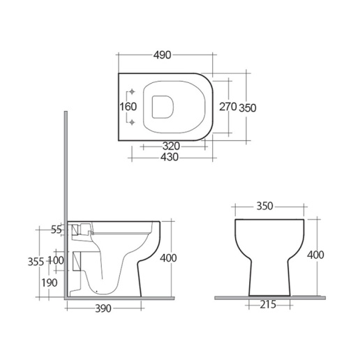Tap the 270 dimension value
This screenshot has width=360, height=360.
(x=229, y=107)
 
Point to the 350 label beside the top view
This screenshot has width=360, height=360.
(x=248, y=107)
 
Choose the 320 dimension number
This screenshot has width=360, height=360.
(x=172, y=147)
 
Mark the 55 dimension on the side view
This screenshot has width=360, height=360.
(x=57, y=229)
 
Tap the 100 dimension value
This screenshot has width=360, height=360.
(x=57, y=261)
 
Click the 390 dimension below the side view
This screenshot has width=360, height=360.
(x=105, y=308)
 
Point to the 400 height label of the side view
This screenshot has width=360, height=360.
(x=168, y=258)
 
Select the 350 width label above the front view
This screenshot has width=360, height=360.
(x=264, y=206)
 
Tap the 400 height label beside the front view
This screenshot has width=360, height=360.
(x=316, y=255)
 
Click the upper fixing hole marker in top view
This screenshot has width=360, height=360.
(x=132, y=93)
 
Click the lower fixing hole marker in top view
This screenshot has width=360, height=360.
(x=132, y=123)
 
